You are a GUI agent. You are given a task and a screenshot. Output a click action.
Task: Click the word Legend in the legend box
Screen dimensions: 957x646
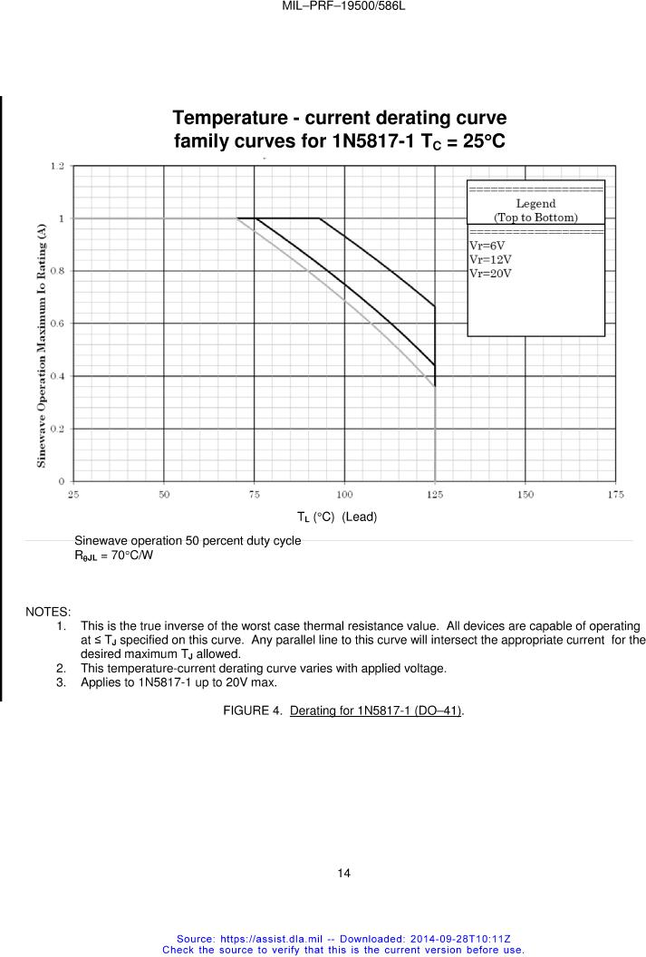click(x=535, y=204)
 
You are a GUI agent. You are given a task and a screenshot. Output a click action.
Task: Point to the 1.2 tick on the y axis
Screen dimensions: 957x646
click(x=57, y=166)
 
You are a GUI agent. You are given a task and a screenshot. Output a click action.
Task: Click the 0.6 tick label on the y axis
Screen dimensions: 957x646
click(x=57, y=323)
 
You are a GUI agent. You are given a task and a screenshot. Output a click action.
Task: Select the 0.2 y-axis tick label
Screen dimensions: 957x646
click(x=57, y=428)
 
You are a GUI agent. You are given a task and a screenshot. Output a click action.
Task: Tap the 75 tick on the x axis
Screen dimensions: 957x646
click(x=255, y=494)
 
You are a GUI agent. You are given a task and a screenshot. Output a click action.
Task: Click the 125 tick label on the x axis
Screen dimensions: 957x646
click(x=435, y=494)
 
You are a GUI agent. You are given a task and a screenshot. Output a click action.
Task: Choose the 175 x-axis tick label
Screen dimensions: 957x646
click(x=615, y=494)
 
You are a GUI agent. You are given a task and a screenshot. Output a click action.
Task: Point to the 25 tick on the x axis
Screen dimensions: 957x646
click(x=73, y=494)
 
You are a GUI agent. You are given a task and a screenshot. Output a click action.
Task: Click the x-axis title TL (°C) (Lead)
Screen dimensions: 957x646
click(x=336, y=517)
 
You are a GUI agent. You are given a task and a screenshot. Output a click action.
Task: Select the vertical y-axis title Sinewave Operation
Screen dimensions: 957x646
click(x=42, y=347)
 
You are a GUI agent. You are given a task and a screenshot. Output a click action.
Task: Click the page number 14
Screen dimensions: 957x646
click(x=343, y=874)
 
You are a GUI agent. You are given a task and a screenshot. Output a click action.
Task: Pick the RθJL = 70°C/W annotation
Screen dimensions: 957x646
click(x=113, y=555)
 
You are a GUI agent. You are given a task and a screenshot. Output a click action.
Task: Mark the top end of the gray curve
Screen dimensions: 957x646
click(x=238, y=218)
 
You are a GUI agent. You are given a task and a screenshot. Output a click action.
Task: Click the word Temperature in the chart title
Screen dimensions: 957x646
click(x=232, y=119)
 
